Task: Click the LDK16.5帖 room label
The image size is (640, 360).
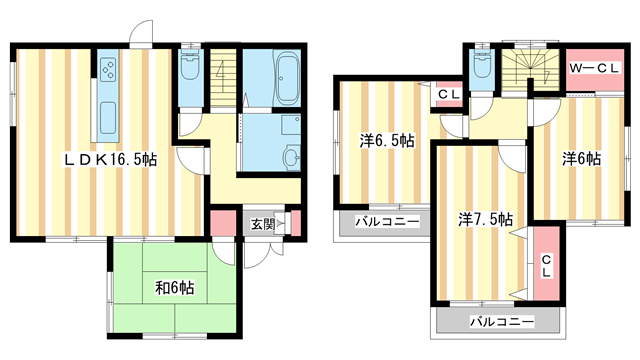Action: click(110, 160)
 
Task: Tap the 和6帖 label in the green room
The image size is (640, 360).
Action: click(174, 288)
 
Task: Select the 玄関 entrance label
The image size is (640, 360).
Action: click(262, 224)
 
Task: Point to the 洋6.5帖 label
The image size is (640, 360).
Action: click(387, 141)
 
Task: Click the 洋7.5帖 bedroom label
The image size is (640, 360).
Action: click(485, 220)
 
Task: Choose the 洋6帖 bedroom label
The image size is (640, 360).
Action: click(581, 159)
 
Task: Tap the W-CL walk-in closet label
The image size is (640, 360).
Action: click(595, 69)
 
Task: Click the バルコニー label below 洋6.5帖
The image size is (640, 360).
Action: click(387, 222)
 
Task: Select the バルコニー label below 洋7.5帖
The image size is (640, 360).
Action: click(502, 322)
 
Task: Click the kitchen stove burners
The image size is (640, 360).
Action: click(109, 69)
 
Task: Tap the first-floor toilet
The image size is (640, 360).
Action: click(190, 66)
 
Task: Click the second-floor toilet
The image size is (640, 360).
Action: click(482, 64)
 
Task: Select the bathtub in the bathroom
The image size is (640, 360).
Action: click(289, 78)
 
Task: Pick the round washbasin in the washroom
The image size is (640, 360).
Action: click(292, 157)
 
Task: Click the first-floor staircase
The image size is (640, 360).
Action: click(223, 78)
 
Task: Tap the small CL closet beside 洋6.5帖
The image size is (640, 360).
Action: click(449, 94)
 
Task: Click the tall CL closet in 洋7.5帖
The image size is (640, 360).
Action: click(546, 264)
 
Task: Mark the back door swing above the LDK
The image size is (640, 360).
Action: click(141, 31)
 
